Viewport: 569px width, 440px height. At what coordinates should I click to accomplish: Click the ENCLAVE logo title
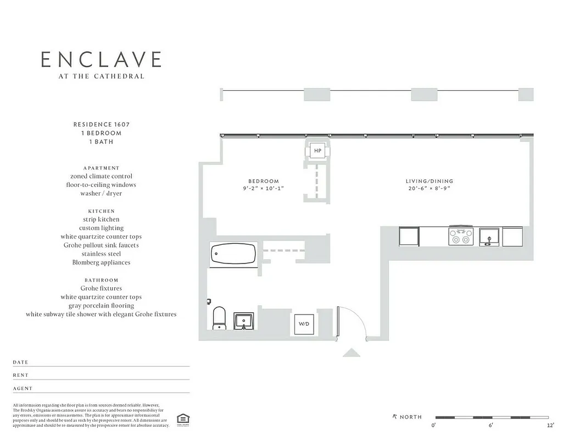101,59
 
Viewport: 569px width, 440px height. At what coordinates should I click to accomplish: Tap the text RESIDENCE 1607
101,124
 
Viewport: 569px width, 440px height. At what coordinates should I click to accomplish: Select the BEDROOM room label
264,181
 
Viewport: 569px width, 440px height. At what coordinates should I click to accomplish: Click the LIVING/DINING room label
429,181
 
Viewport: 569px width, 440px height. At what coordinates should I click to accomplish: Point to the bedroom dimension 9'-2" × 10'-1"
264,188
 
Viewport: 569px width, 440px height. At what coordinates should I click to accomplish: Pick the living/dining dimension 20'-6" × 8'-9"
429,188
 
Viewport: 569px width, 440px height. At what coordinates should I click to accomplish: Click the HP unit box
317,151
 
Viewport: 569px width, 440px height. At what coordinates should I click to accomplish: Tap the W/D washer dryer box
304,324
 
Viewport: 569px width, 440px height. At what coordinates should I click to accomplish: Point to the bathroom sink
243,321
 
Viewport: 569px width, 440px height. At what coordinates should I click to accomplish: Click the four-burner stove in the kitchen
461,237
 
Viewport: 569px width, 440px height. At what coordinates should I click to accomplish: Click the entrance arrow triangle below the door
351,353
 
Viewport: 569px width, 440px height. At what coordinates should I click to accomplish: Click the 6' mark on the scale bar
491,425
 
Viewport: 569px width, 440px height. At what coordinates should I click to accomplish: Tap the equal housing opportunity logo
181,420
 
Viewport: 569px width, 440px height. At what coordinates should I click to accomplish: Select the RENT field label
21,375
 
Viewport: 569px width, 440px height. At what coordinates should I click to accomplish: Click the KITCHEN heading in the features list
101,211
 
